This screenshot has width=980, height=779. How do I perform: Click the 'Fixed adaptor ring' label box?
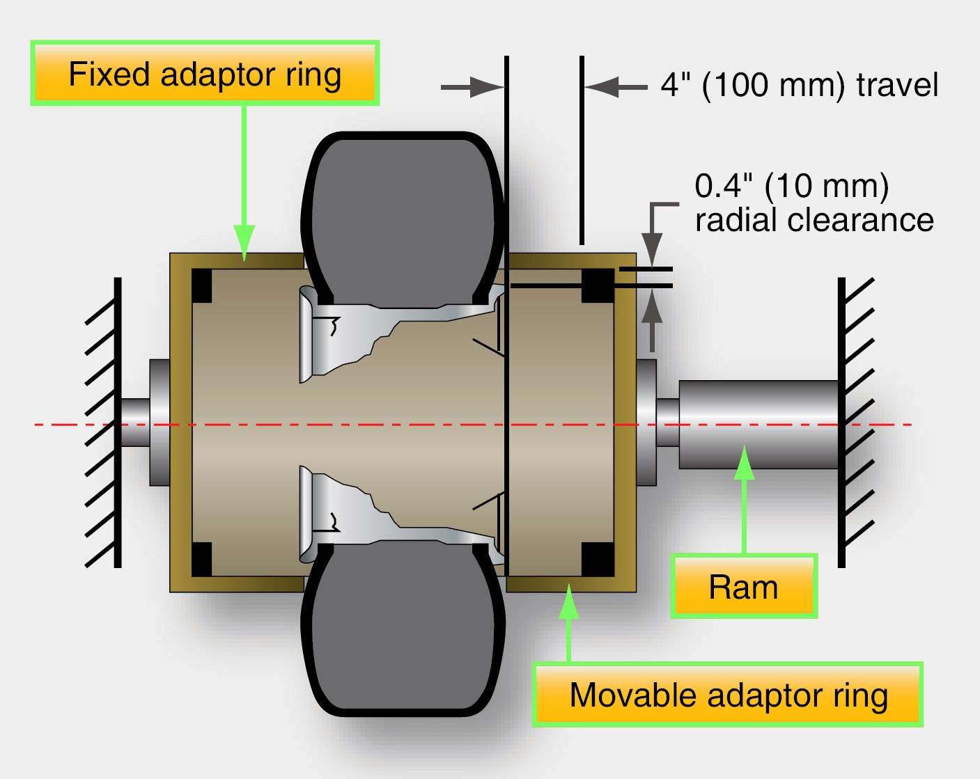click(x=205, y=73)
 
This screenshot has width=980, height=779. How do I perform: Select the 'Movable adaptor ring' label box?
click(x=728, y=695)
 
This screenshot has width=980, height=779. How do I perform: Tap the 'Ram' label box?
click(x=743, y=586)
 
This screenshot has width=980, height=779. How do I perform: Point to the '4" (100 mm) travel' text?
click(x=799, y=85)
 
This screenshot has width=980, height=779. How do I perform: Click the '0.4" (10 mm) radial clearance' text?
click(x=813, y=203)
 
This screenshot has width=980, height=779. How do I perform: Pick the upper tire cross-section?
click(x=403, y=216)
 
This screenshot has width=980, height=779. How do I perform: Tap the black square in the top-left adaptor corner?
click(x=201, y=285)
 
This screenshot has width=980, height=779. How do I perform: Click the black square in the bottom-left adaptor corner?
click(x=201, y=559)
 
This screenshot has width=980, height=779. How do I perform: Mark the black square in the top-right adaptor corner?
click(x=598, y=285)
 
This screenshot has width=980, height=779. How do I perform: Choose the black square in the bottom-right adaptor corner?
click(x=598, y=559)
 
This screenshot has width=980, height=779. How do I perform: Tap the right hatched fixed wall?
click(x=854, y=423)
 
